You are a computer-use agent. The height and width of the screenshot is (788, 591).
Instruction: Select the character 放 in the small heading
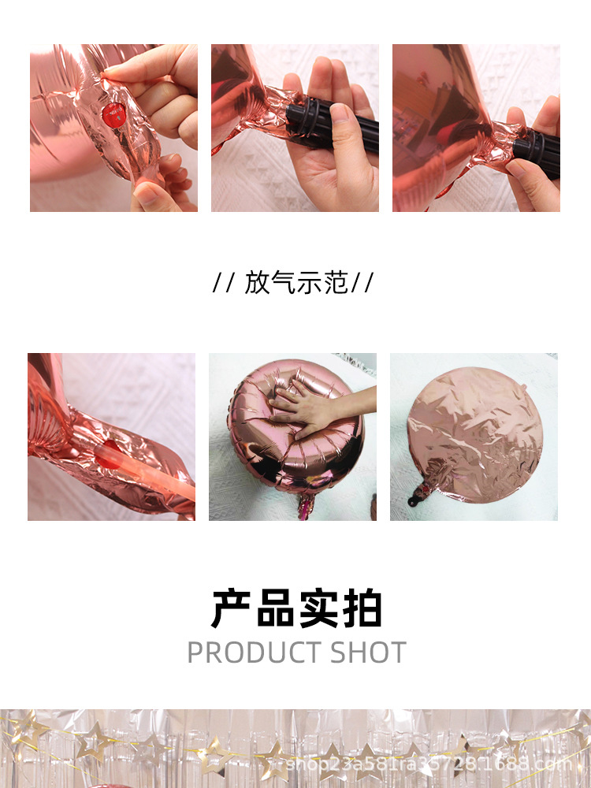[257, 283]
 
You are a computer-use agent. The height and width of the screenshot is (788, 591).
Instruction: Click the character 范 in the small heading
[335, 283]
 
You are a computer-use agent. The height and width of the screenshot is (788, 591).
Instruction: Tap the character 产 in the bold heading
[232, 608]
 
